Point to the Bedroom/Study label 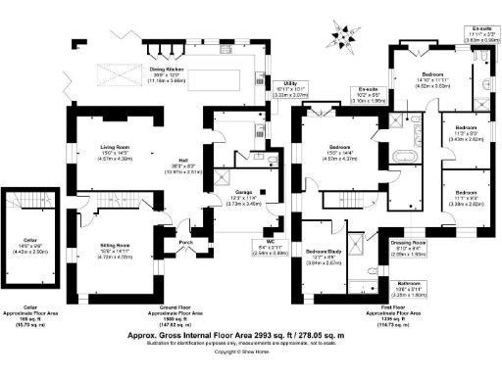323,252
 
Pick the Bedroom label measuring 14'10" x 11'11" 432,74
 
